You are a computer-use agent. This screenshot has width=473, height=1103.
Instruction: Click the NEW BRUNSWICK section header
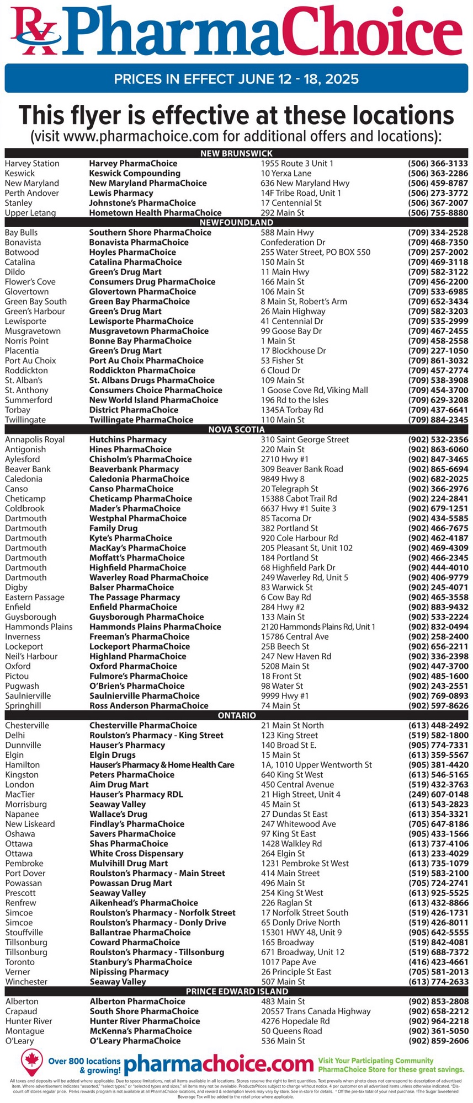point(236,153)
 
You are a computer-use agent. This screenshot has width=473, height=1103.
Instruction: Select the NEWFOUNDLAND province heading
point(236,222)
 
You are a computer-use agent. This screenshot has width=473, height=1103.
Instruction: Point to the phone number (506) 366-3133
point(438,164)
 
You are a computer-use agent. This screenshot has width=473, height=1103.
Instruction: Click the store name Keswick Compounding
point(135,174)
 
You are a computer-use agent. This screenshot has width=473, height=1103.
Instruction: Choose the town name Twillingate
point(25,420)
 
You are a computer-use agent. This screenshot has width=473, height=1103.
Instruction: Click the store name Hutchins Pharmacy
point(127,440)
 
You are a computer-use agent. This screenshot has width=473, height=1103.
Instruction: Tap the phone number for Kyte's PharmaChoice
point(438,538)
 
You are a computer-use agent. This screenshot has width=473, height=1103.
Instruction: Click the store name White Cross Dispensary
point(136,854)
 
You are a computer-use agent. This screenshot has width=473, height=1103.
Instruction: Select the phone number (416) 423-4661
point(438,962)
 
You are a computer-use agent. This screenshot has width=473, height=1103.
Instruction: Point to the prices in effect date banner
point(236,79)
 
